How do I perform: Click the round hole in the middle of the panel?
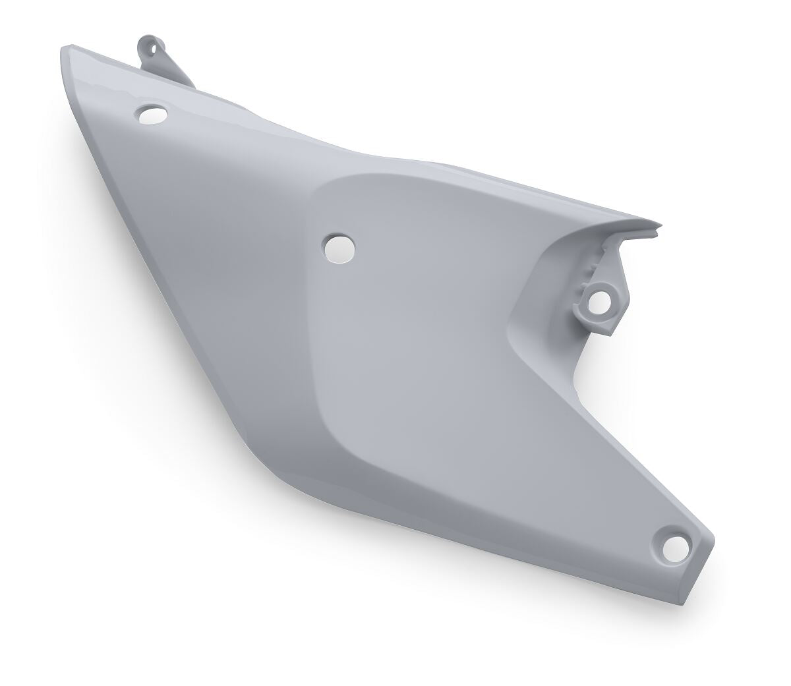pos(339,246)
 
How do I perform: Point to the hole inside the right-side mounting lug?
pos(601,302)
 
